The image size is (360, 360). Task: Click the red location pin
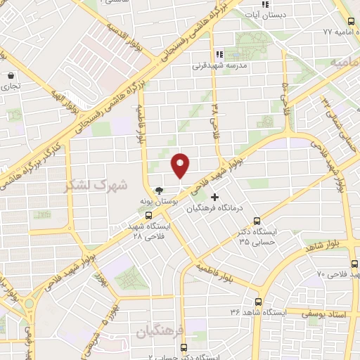[x=181, y=165]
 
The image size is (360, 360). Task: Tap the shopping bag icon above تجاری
[x=11, y=75]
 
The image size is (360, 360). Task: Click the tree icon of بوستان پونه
[x=160, y=190]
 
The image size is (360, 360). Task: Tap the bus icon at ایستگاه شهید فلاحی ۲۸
[x=148, y=214]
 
